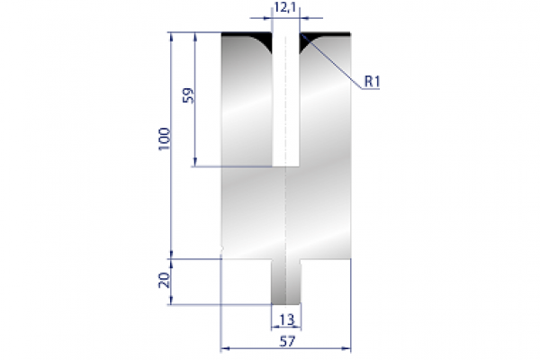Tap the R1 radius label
tap(373, 83)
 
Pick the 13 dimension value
tap(286, 319)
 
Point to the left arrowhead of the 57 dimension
tap(225, 346)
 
